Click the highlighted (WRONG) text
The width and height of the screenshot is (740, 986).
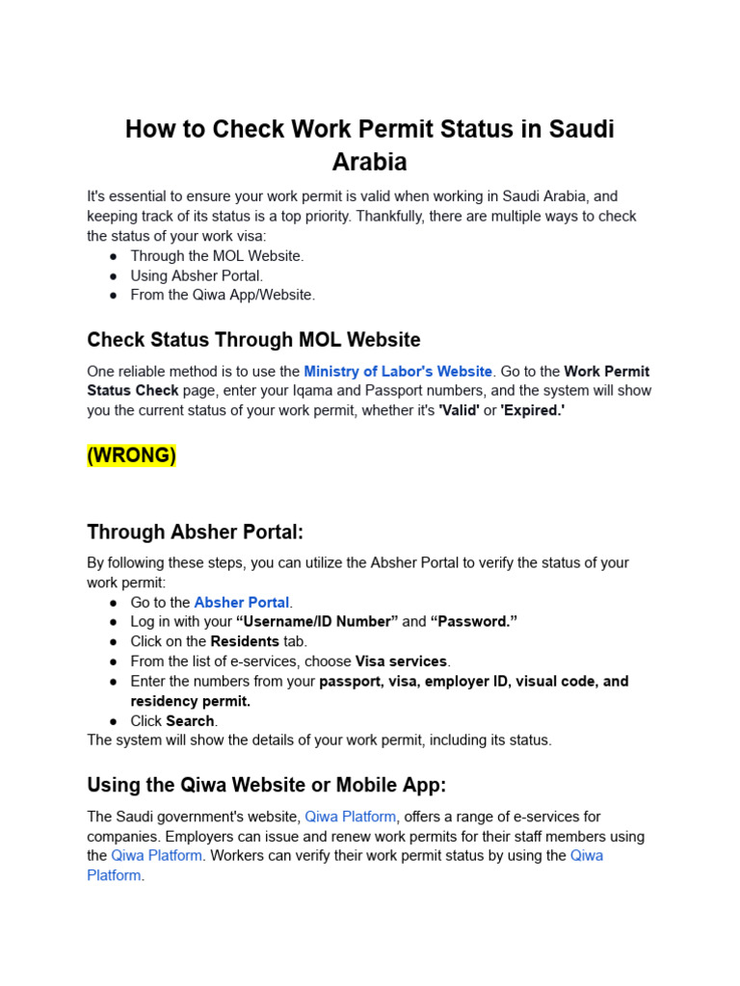point(131,455)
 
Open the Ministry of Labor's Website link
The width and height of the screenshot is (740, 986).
point(398,371)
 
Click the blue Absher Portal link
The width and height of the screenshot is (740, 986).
point(242,602)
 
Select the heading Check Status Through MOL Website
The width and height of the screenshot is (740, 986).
point(253,339)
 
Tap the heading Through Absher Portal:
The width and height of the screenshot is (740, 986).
point(196,532)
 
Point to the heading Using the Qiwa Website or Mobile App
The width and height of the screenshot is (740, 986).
point(267,785)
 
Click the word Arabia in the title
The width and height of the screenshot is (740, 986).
point(369,161)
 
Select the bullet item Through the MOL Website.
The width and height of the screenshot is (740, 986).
point(217,255)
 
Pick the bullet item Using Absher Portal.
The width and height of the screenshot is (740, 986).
point(197,275)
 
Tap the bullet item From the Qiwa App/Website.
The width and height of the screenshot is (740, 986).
point(223,295)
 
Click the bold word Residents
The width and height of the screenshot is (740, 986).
point(245,641)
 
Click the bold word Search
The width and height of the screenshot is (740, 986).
point(190,720)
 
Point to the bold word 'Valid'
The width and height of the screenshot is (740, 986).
point(459,410)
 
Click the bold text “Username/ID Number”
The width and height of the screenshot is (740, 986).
point(316,621)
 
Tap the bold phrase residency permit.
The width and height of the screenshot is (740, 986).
point(190,701)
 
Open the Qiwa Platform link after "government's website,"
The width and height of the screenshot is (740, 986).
point(350,817)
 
